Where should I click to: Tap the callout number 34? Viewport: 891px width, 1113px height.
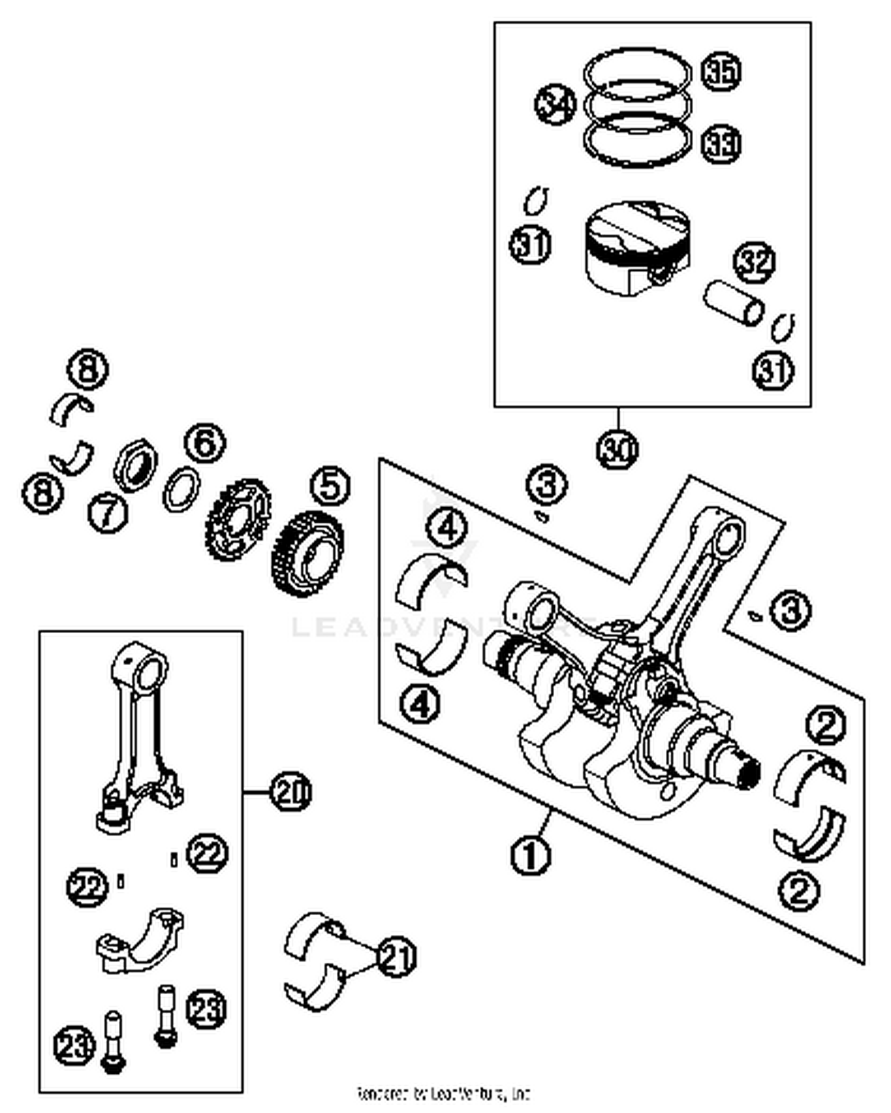click(555, 105)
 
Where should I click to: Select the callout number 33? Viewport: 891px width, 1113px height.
click(722, 144)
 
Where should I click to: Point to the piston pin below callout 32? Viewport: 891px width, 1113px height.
click(734, 305)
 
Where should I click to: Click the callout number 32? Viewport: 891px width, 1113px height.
click(755, 262)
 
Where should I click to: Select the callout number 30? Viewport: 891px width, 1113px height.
click(617, 450)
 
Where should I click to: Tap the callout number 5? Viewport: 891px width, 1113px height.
click(330, 485)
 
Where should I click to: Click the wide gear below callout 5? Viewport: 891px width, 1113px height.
click(308, 554)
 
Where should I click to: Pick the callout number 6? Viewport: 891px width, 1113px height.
click(205, 443)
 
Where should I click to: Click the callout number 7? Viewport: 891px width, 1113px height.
click(108, 513)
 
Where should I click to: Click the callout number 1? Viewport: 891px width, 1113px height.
click(530, 855)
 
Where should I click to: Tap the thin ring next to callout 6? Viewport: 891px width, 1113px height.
click(181, 489)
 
